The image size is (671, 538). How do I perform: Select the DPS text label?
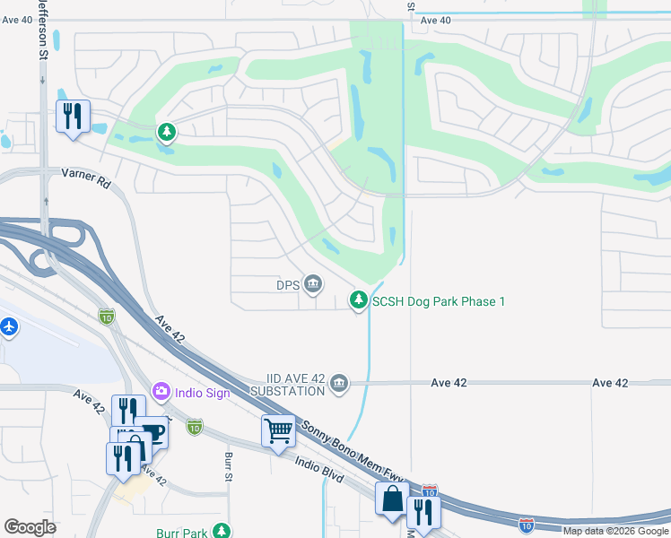point(286,286)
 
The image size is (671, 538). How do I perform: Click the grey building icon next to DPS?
point(313,285)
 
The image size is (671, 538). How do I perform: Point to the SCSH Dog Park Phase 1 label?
point(439,301)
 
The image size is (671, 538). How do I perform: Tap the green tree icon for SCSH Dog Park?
point(359,299)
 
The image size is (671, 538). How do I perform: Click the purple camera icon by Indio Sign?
point(161,391)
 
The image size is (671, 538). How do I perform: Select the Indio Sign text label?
point(202,393)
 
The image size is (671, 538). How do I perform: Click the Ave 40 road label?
point(435,20)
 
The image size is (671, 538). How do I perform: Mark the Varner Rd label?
point(85,178)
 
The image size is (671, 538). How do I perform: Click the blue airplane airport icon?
point(9,326)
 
